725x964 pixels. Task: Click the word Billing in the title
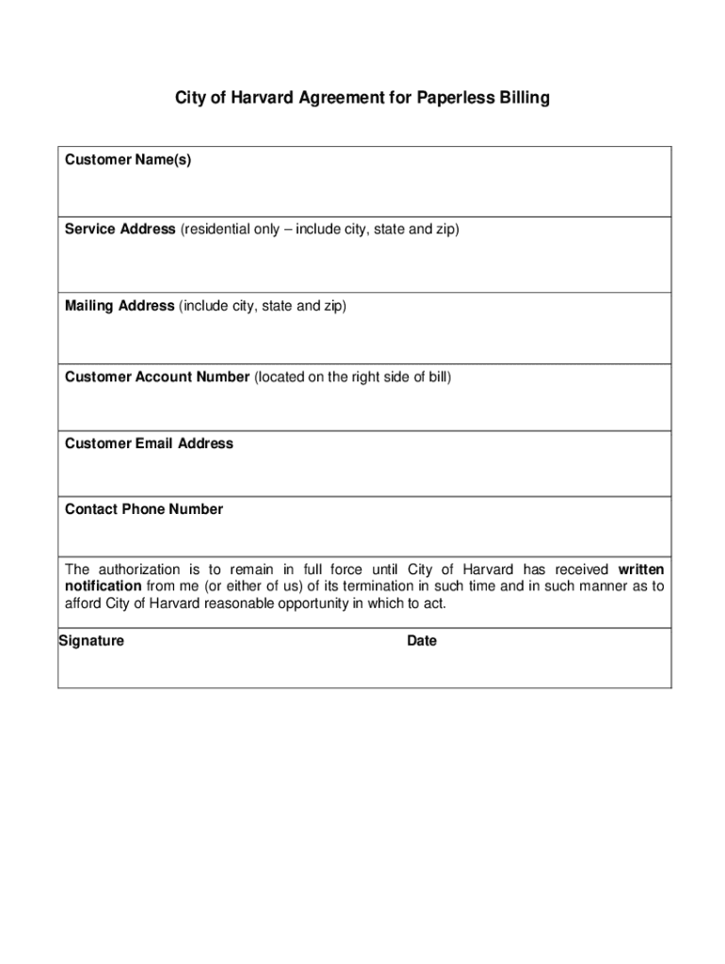(x=521, y=98)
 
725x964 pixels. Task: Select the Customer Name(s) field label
(x=128, y=160)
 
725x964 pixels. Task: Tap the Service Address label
(x=120, y=229)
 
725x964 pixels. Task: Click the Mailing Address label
(x=120, y=306)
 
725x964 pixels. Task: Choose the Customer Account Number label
(x=157, y=378)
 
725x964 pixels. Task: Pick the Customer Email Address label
(x=149, y=443)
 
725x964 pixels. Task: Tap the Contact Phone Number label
(x=144, y=509)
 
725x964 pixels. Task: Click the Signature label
(x=91, y=641)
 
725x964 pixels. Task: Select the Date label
(x=422, y=641)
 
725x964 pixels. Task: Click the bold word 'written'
(x=640, y=570)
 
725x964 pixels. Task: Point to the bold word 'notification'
(x=103, y=586)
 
